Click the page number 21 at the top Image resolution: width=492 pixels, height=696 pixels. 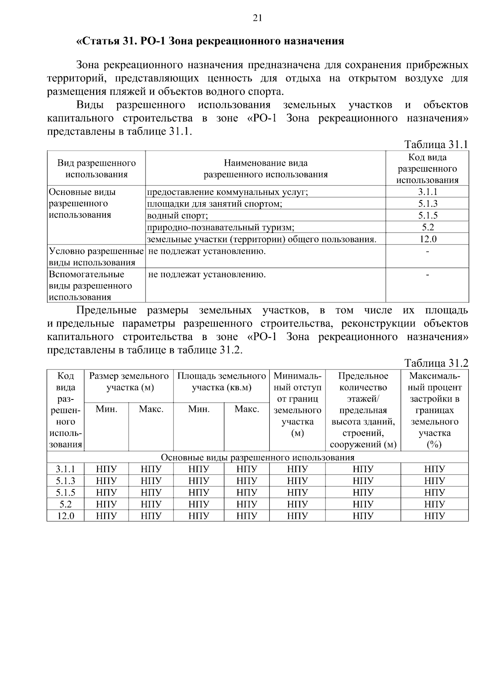point(257,18)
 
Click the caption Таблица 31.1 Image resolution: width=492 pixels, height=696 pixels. point(436,145)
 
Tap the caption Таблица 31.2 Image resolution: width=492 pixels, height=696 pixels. point(436,363)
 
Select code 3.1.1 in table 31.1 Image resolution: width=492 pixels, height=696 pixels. point(428,192)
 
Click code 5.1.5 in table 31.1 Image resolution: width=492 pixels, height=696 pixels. point(428,215)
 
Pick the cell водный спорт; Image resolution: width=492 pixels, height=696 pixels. point(178,215)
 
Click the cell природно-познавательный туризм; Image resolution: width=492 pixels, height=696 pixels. point(221,227)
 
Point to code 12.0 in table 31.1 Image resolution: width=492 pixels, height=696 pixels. point(428,239)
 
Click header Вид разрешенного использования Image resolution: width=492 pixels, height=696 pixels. point(96,169)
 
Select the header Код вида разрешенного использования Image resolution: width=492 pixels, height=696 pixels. point(428,169)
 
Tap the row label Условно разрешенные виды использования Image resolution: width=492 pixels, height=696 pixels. point(96,257)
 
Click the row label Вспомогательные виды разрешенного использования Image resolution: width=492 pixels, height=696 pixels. point(91,285)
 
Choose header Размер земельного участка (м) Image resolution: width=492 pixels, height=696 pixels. point(129,382)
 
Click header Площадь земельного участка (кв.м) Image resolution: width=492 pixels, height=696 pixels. point(221,382)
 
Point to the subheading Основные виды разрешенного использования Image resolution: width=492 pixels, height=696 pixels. point(257,458)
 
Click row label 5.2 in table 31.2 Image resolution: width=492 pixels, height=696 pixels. point(66,504)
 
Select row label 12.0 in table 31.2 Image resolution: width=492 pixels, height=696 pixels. point(66,516)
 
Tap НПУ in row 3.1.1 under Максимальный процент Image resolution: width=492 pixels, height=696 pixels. point(435,469)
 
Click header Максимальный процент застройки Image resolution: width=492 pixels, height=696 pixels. point(435,410)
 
